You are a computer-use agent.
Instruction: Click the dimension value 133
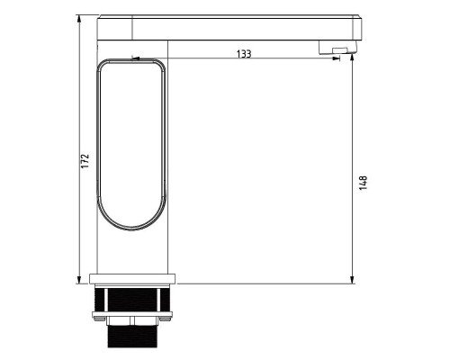[x=244, y=54]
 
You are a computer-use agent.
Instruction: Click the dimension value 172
[x=85, y=161]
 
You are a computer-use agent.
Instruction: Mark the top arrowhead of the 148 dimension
[x=352, y=60]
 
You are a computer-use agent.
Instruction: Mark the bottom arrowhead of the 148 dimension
[x=352, y=281]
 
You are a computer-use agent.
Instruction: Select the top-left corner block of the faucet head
[x=114, y=27]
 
